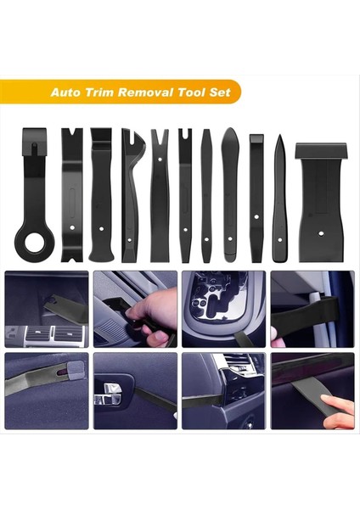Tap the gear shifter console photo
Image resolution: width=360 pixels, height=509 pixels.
(x=223, y=309)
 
